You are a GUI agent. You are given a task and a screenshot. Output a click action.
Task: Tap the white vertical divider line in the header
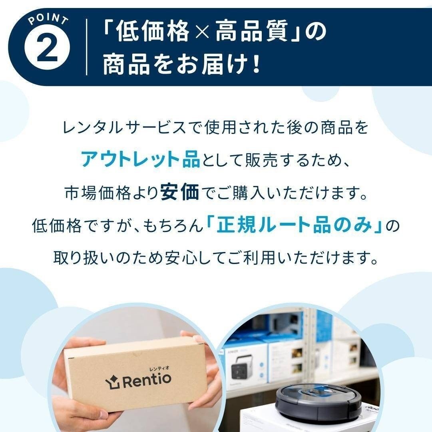(x=87, y=47)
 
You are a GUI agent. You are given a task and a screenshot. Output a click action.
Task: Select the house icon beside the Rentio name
(x=111, y=381)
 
